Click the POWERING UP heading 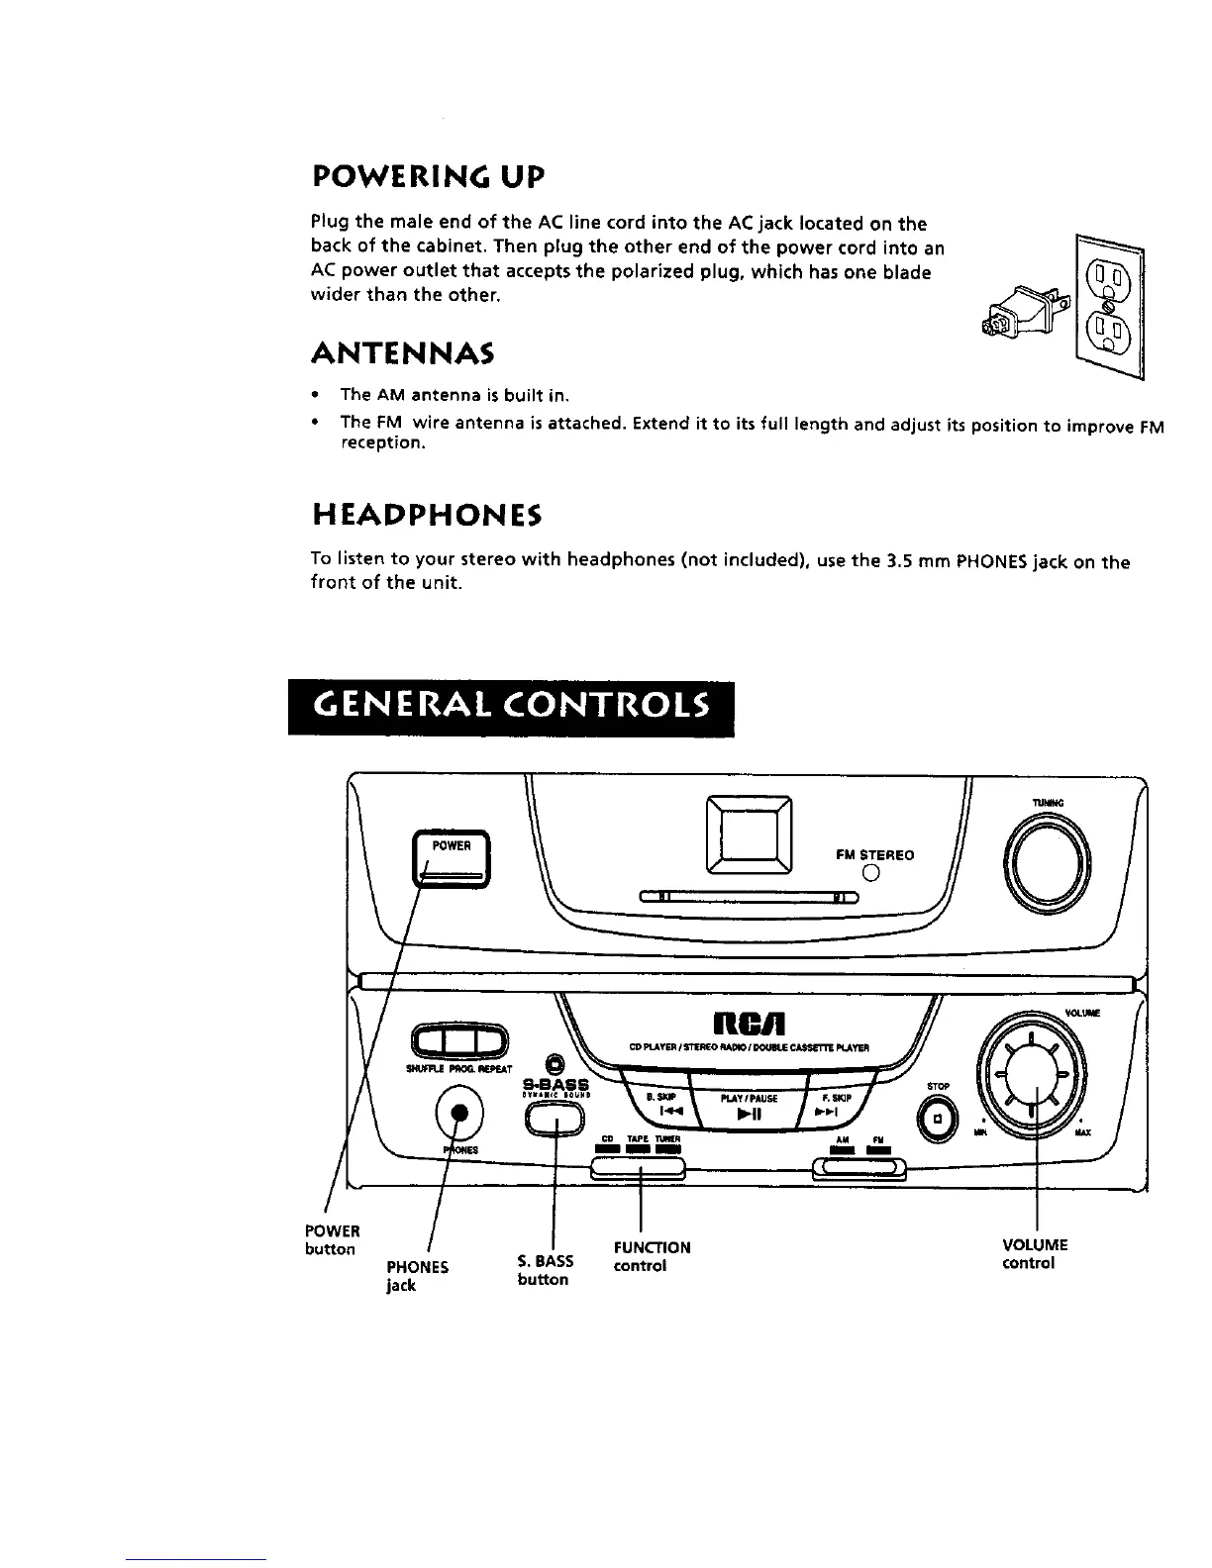click(428, 178)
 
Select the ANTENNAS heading click(402, 352)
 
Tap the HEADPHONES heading click(427, 516)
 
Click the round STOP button click(938, 1118)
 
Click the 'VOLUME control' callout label click(1035, 1254)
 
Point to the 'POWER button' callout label click(331, 1239)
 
